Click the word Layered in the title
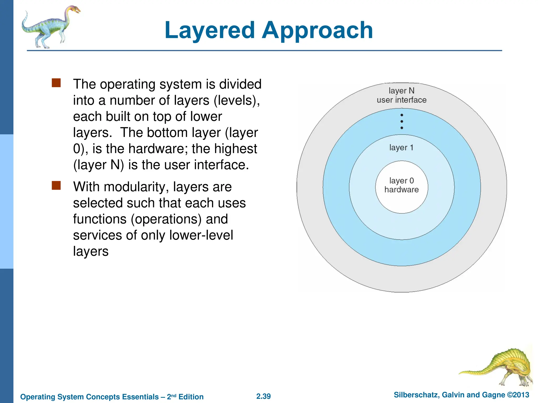[210, 30]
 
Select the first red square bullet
[56, 83]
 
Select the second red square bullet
[56, 185]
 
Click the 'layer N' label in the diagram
[401, 91]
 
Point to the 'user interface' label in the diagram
[401, 100]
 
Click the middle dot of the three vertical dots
[402, 121]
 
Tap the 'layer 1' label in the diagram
[401, 147]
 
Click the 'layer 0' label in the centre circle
[401, 181]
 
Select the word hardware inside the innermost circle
[401, 190]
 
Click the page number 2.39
[263, 396]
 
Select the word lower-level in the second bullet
[201, 235]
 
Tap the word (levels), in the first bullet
[236, 100]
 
